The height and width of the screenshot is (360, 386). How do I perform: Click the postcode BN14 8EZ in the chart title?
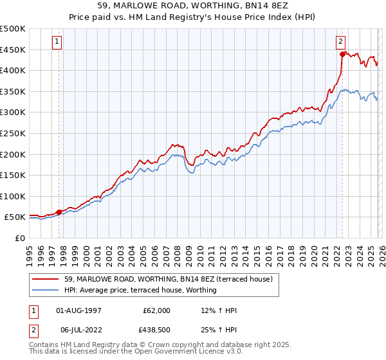tap(277, 6)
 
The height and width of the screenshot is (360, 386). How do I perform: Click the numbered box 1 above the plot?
tap(57, 42)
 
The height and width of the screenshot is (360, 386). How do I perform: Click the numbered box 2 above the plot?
tap(340, 42)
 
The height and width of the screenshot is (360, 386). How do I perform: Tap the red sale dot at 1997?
tap(59, 212)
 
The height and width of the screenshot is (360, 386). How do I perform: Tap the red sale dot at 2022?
tap(342, 54)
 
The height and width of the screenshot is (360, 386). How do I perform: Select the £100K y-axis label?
tap(13, 196)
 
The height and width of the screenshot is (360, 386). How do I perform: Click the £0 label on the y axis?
tap(19, 238)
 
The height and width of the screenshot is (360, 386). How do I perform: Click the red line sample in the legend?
tap(46, 279)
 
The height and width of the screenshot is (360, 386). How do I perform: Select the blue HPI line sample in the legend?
tap(46, 290)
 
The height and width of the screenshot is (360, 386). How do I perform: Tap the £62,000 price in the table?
tap(156, 310)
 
